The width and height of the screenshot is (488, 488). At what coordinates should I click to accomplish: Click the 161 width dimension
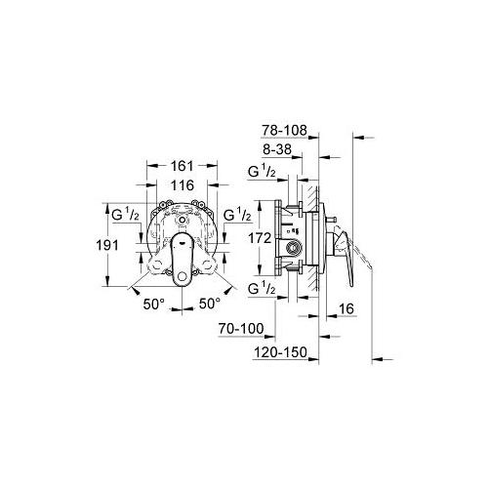183,166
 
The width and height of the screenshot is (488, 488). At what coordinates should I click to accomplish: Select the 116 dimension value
183,185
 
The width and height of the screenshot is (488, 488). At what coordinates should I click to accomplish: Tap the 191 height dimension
107,245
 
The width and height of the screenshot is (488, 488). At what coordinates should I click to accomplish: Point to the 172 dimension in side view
260,238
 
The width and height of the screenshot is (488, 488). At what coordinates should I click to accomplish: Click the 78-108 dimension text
284,130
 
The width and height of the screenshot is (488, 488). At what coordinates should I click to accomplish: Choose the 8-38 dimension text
277,149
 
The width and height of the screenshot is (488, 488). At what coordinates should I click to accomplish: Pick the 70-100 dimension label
241,329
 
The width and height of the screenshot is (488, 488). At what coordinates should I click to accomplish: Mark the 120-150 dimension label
280,352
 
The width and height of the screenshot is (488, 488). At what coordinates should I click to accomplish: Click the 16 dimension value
346,308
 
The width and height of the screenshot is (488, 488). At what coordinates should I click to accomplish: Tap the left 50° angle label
154,305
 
